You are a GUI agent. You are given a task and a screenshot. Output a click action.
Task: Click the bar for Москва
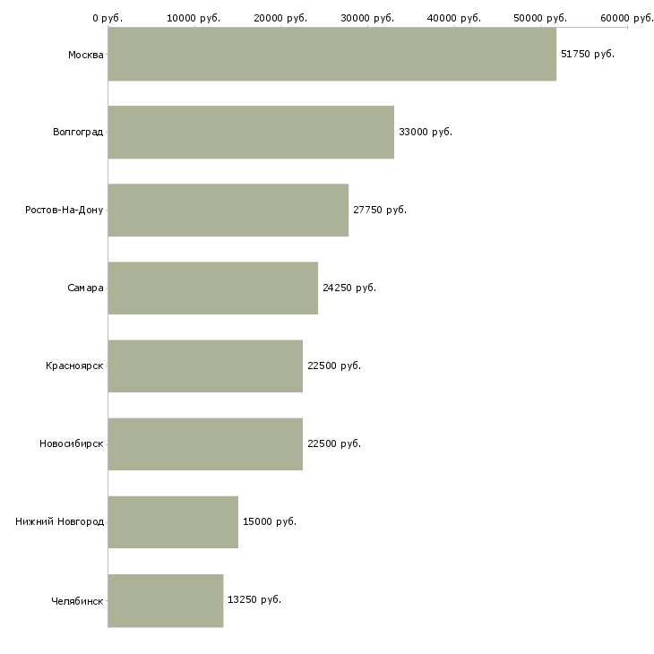click(331, 55)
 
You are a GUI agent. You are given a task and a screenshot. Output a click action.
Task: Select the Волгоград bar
click(251, 133)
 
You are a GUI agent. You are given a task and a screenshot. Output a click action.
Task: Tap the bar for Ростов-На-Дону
click(228, 211)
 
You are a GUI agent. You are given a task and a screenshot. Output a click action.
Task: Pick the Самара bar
click(212, 288)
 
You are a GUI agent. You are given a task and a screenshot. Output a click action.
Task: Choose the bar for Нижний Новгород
click(173, 522)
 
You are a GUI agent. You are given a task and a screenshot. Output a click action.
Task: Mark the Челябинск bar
click(165, 600)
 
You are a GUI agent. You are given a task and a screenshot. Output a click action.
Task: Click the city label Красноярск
click(74, 366)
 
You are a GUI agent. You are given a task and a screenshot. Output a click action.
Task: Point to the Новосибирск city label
click(71, 444)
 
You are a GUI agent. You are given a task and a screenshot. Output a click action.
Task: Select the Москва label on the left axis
click(85, 55)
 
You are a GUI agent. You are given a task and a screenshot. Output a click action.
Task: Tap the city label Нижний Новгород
click(59, 522)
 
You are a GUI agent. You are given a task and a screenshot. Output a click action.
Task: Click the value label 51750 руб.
click(588, 55)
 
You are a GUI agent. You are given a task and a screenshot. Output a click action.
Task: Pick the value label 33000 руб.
click(426, 133)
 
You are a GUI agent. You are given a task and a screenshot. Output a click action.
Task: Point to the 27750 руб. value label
click(380, 211)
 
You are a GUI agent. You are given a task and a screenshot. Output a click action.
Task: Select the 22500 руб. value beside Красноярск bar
click(334, 366)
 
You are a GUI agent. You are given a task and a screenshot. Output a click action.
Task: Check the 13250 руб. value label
click(254, 600)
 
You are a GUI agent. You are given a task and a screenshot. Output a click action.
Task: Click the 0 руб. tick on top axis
click(108, 18)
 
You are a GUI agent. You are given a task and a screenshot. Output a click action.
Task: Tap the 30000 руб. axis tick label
click(367, 18)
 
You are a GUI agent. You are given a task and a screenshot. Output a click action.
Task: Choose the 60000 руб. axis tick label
click(627, 18)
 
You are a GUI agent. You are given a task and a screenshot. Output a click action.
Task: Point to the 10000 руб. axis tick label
click(194, 18)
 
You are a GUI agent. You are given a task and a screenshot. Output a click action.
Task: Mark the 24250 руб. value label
click(349, 288)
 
